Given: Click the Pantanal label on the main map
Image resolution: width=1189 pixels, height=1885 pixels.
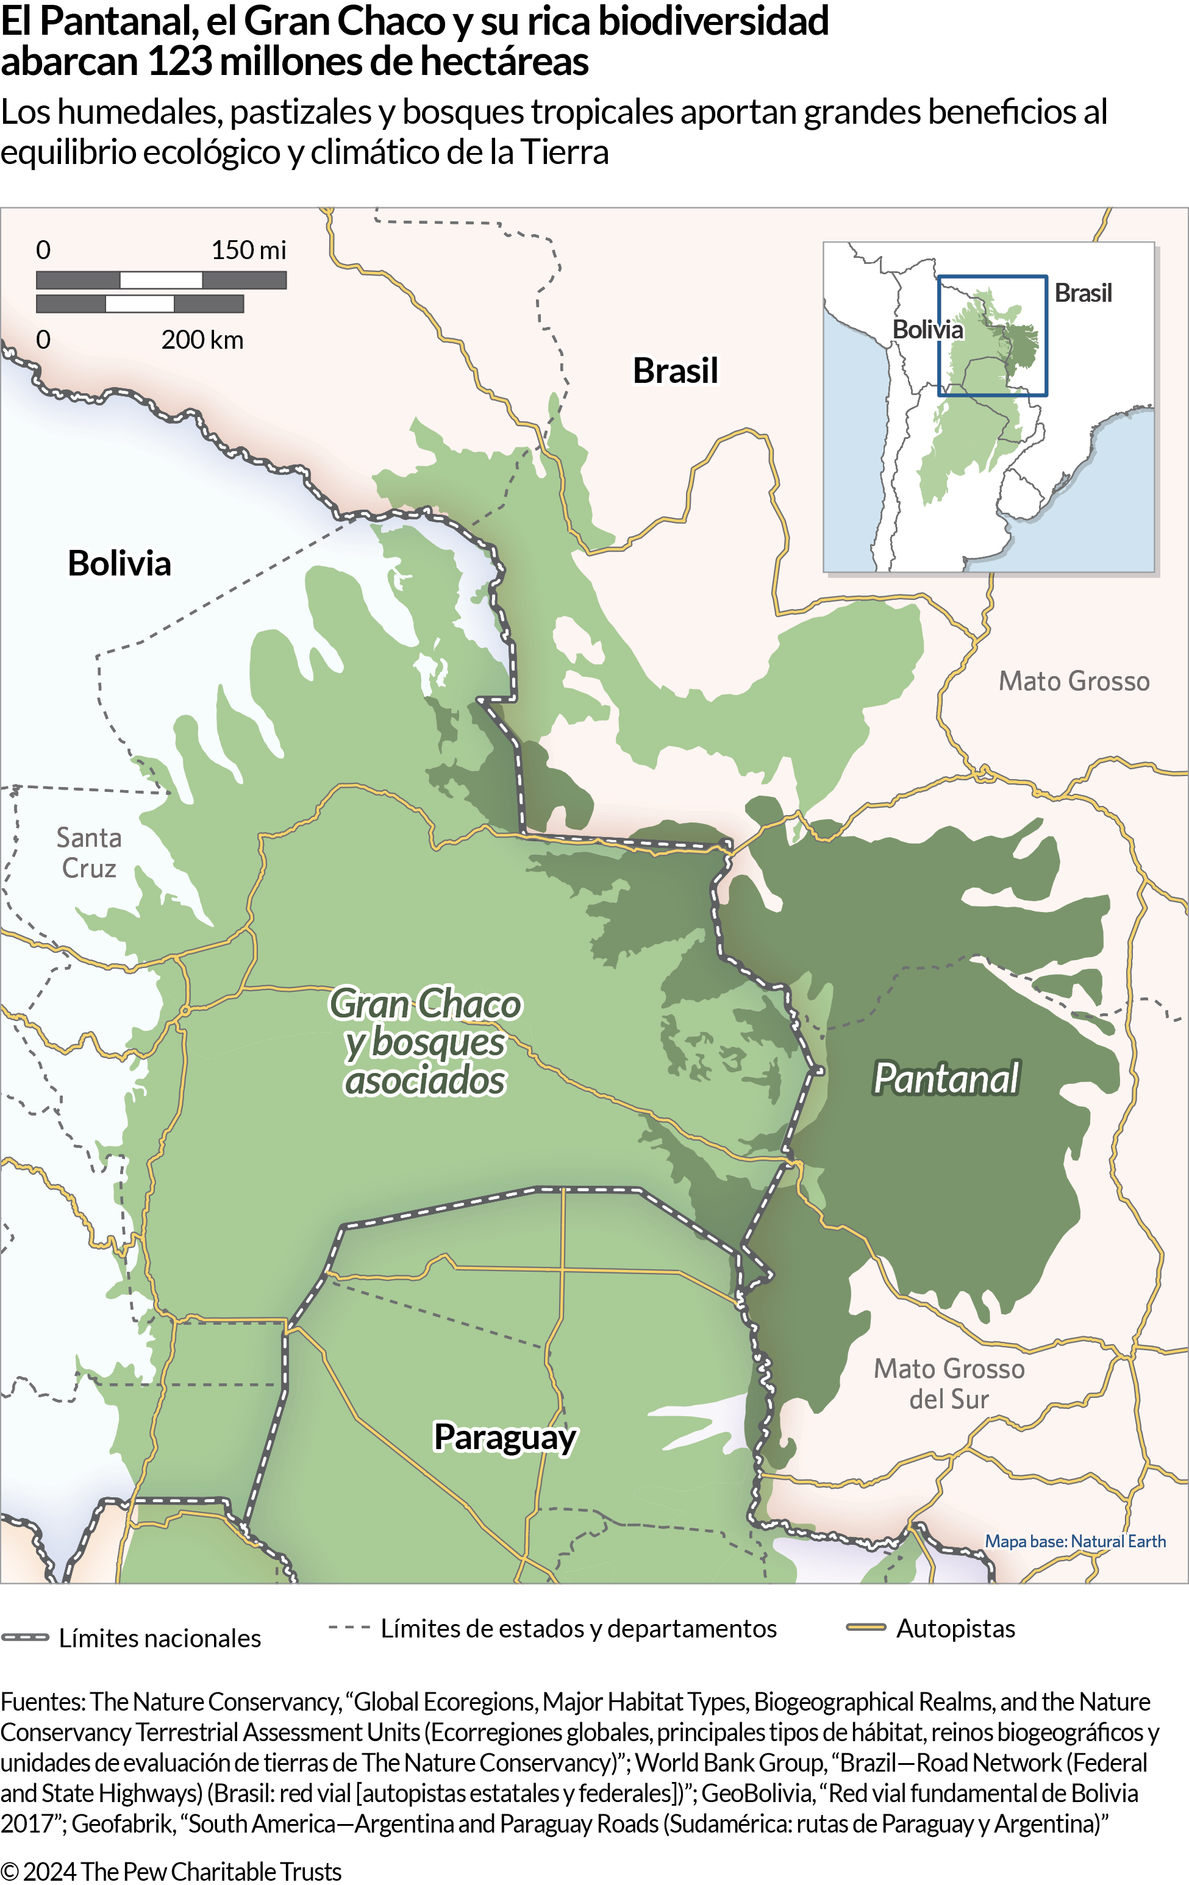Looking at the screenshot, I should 946,1078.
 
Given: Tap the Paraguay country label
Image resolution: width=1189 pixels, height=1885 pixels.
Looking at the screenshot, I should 505,1438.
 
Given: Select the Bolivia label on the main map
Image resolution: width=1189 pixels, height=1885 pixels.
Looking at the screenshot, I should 119,564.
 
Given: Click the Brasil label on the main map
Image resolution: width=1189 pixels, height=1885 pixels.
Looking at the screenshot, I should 675,371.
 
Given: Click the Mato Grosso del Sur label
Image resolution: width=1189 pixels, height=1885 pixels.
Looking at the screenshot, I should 949,1384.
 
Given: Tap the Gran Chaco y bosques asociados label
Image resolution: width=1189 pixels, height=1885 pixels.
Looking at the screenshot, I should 425,1042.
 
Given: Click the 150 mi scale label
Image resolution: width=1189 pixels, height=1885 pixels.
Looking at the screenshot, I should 248,251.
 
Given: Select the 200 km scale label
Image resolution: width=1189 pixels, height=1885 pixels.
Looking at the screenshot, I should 202,340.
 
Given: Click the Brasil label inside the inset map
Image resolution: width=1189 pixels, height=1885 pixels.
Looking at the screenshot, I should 1082,293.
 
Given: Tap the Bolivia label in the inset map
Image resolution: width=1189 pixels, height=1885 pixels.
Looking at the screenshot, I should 927,330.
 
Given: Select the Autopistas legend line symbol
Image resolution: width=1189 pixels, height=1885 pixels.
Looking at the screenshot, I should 866,1628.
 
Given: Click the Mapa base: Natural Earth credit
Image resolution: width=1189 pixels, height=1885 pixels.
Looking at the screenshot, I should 1075,1541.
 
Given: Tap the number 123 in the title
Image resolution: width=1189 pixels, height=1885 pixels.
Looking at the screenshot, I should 179,62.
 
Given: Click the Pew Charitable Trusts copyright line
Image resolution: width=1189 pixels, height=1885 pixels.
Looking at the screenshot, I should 171,1871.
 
